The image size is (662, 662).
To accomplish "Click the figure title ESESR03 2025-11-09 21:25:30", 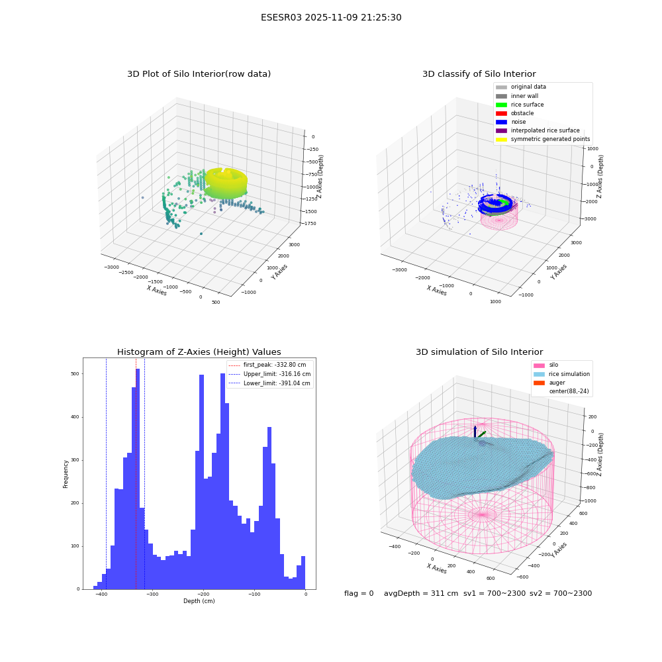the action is (331, 18).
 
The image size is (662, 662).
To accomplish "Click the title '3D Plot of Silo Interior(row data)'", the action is (199, 74).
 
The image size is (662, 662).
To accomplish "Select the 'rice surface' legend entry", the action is (520, 105).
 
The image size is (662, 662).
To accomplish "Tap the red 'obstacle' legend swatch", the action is (501, 113).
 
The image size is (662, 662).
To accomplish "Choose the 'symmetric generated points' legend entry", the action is (543, 139).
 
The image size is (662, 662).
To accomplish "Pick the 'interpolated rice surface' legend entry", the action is (538, 130).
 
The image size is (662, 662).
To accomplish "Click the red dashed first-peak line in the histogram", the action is (136, 473).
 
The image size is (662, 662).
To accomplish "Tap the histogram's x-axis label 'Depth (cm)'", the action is (199, 601).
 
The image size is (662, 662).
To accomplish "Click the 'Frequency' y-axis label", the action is (66, 474).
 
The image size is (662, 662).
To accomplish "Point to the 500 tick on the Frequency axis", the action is (75, 374).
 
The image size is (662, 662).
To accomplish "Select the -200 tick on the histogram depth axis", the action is (203, 594).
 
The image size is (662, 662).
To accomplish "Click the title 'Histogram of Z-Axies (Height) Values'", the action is (199, 352).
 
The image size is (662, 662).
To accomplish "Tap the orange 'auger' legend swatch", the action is (539, 383).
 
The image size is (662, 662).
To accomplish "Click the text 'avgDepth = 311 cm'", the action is (421, 593).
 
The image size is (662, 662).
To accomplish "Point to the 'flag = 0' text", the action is (359, 593).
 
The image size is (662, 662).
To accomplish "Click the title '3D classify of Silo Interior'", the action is (479, 74).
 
